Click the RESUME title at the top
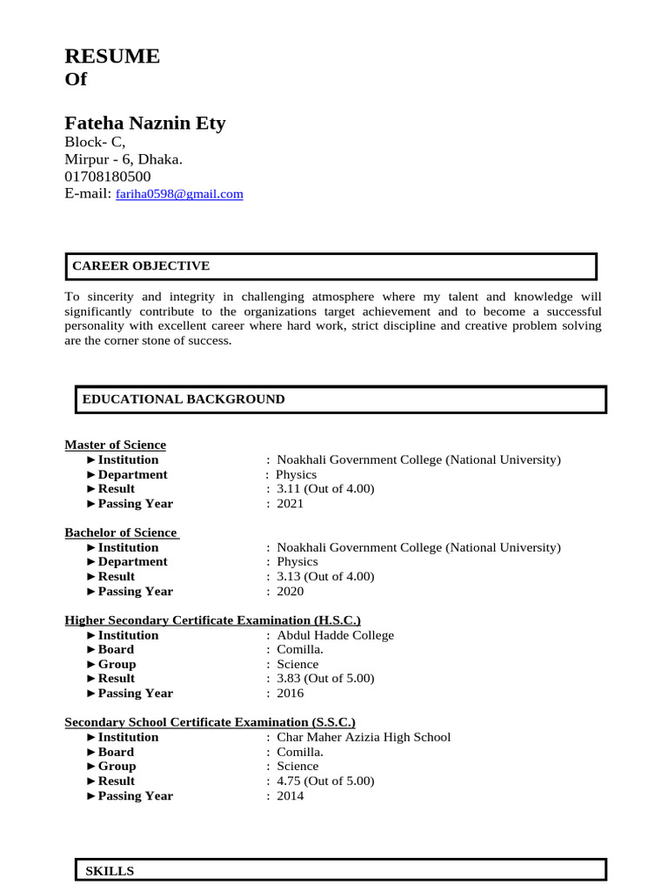(112, 57)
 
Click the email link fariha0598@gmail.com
(179, 195)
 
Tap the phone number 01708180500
(108, 177)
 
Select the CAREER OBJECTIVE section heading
(140, 266)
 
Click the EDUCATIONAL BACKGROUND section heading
(183, 399)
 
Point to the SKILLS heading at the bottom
(110, 871)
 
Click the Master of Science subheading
(115, 445)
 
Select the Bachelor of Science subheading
(122, 533)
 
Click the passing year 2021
(290, 504)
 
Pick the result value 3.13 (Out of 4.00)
(325, 576)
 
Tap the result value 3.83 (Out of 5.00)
(325, 679)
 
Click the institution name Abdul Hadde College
(335, 635)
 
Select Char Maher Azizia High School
(364, 737)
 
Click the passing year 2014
(290, 796)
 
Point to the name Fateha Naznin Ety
(145, 124)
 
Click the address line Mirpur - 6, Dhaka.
(124, 159)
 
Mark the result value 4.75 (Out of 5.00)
(325, 781)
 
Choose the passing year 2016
(290, 693)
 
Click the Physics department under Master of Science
(297, 474)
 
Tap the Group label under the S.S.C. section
(117, 767)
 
